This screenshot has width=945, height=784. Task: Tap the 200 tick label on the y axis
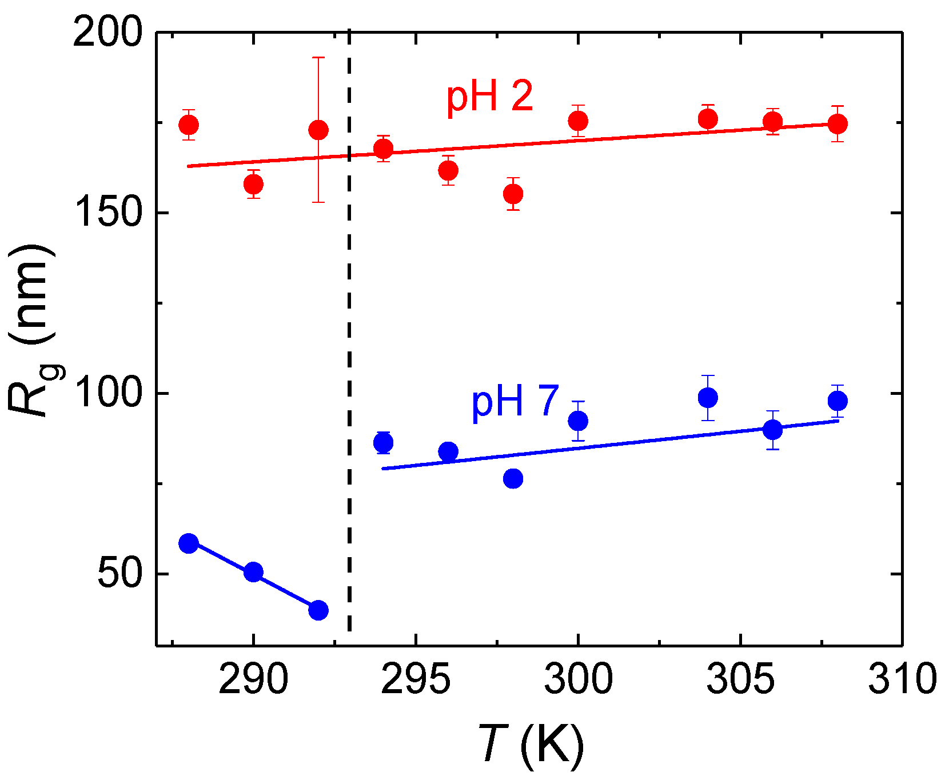[x=107, y=33]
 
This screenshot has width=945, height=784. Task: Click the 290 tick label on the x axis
[x=253, y=679]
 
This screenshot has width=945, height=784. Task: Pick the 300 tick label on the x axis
[x=578, y=679]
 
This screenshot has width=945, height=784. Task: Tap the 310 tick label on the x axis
[x=902, y=679]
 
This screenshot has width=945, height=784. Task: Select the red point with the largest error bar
[x=318, y=130]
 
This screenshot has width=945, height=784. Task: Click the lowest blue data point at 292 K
[x=318, y=610]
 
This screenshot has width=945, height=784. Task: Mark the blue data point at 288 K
[x=189, y=543]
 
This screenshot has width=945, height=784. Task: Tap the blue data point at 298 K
[x=513, y=478]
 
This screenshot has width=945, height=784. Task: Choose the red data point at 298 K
[x=513, y=194]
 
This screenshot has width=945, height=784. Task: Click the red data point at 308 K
[x=838, y=123]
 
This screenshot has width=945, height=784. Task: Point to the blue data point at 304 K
[x=708, y=398]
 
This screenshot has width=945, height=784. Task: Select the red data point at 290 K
[x=253, y=184]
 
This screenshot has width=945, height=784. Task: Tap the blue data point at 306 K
[x=773, y=429]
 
